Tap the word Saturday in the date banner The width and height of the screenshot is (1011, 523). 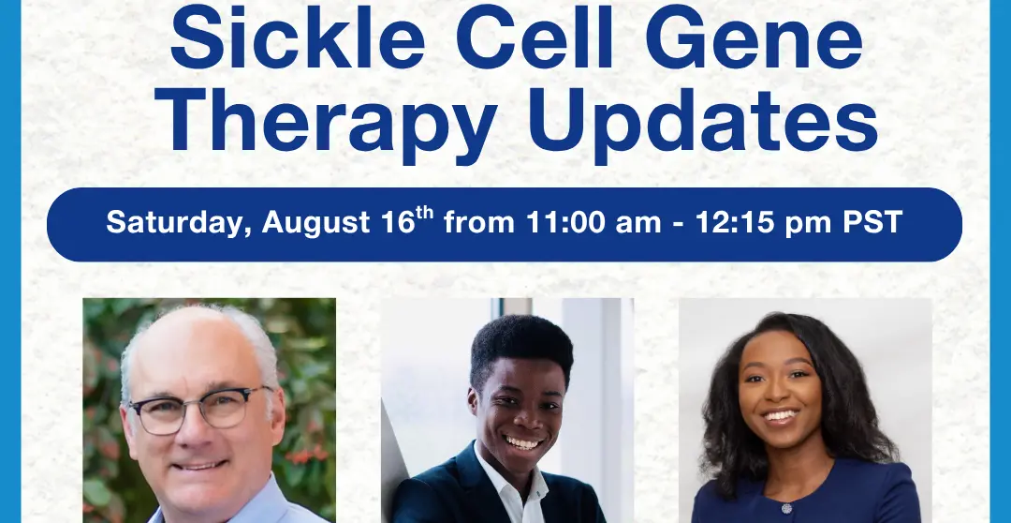(179, 223)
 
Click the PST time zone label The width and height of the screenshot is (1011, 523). (872, 223)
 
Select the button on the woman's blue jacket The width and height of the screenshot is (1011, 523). (786, 509)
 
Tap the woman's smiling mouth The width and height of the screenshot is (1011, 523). (780, 416)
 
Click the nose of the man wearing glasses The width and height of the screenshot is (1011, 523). (190, 434)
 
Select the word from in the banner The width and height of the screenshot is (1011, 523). (478, 223)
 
